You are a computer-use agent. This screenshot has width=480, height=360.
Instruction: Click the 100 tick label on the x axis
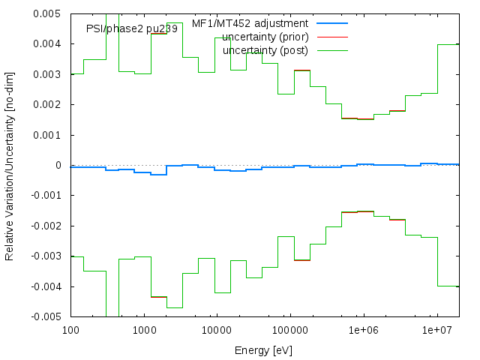click(x=70, y=329)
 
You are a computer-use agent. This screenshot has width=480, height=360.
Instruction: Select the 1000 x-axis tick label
click(x=143, y=329)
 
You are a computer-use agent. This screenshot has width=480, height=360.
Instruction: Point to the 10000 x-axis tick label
click(x=217, y=329)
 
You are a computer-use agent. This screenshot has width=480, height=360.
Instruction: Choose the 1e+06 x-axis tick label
click(x=364, y=329)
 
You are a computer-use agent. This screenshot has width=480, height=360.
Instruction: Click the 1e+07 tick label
click(x=437, y=329)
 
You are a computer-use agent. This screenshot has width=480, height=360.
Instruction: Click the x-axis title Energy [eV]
click(x=265, y=349)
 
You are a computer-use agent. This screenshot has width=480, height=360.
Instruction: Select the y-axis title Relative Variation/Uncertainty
click(x=10, y=166)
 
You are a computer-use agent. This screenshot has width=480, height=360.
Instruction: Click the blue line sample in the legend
click(x=332, y=23)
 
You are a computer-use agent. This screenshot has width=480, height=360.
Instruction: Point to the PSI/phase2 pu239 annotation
click(x=132, y=28)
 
